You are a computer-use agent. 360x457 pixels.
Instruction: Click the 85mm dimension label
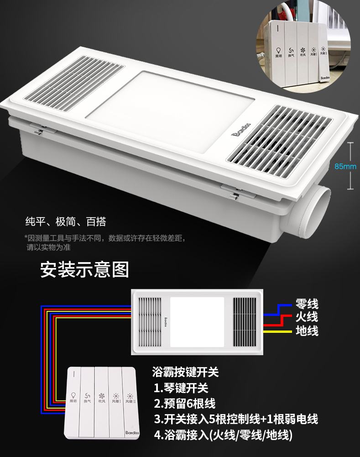pos(345,167)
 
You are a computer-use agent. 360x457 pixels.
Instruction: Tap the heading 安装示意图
pos(84,269)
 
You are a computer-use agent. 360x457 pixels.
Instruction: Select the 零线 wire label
pos(307,304)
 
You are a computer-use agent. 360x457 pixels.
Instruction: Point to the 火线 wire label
pos(307,317)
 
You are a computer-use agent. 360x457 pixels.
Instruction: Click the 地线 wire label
pos(307,331)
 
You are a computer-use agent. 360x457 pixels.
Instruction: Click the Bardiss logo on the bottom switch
pos(130,430)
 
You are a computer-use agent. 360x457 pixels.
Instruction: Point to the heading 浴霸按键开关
pos(185,372)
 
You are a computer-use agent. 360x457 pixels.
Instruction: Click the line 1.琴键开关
pos(181,388)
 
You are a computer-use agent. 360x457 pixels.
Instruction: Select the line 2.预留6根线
pos(184,404)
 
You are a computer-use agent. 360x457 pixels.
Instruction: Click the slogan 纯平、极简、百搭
pos(65,222)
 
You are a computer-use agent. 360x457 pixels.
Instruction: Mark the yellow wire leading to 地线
pos(278,331)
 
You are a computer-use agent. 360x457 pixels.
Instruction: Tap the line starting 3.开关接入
pos(235,419)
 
